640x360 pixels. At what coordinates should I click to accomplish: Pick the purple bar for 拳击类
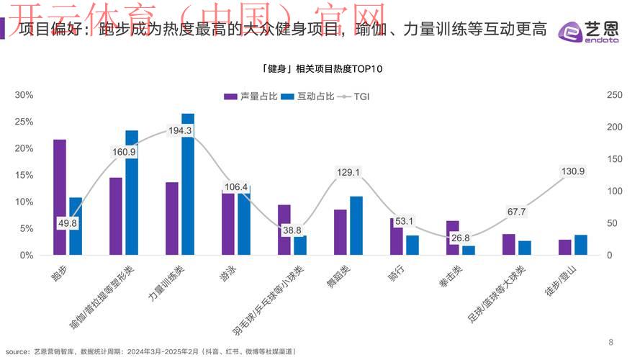click(452, 238)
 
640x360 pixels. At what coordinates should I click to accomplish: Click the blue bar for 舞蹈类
click(356, 225)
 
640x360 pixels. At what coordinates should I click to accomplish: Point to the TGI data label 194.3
click(180, 130)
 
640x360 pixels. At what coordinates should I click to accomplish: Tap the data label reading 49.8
click(68, 224)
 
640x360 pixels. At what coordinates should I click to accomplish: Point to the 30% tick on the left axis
click(24, 95)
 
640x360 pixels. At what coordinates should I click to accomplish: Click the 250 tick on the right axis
click(595, 95)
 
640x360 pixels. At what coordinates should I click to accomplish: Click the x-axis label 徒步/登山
click(559, 284)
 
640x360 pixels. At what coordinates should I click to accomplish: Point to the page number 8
click(611, 341)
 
